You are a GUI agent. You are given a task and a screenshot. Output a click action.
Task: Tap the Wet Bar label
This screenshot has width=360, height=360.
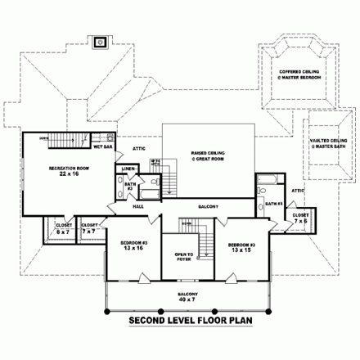102,149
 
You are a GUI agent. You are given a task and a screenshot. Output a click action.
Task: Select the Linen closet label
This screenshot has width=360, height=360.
128,169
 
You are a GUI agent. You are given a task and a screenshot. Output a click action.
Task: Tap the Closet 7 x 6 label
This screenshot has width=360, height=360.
301,218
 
